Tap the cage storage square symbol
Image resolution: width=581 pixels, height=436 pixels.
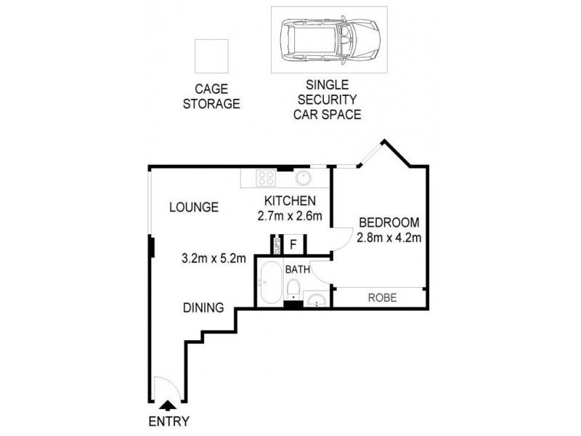click(211, 56)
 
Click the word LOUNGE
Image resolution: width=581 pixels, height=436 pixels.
click(194, 207)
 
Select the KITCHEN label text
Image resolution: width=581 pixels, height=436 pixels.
click(288, 201)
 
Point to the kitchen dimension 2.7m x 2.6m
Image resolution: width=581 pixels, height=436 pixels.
click(289, 216)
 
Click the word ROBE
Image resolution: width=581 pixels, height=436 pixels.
click(381, 297)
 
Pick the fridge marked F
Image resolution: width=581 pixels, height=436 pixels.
click(293, 244)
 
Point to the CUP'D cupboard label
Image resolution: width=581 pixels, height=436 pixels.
click(276, 245)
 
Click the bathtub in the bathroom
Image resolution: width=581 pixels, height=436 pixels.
click(268, 285)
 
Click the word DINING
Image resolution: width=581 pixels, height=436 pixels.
click(203, 307)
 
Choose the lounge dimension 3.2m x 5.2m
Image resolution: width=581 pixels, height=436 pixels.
click(214, 257)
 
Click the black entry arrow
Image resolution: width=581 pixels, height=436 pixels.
click(167, 405)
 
